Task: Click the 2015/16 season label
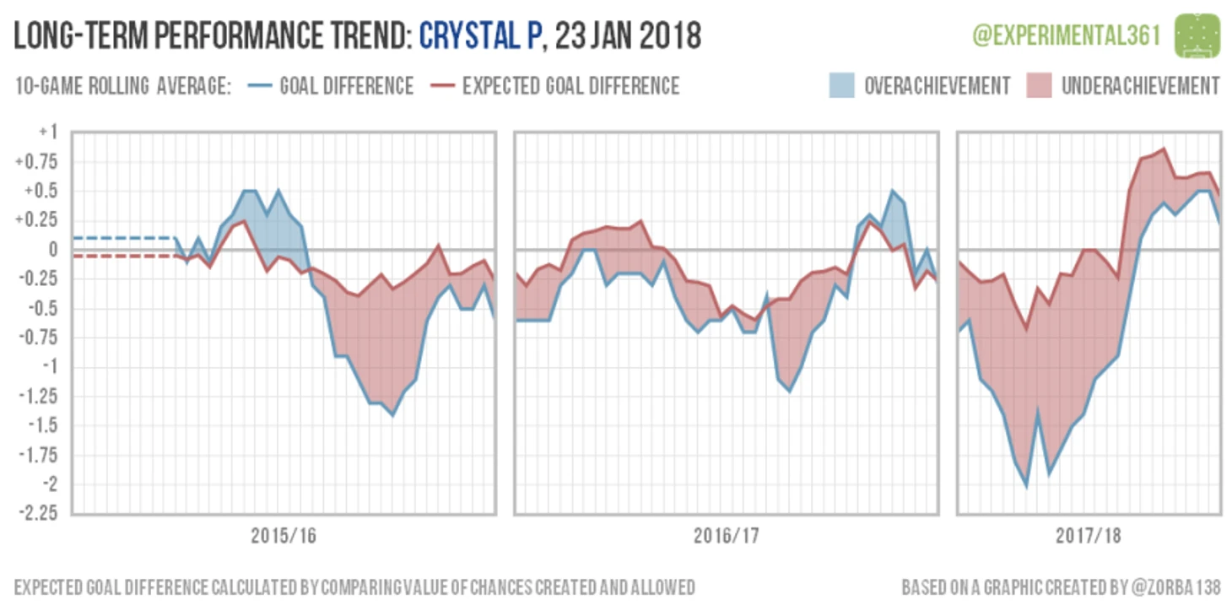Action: coord(284,536)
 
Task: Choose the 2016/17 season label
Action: coord(727,536)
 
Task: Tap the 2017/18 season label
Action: coord(1088,536)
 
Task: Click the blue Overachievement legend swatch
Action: coord(846,85)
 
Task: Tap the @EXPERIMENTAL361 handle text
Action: coord(1067,36)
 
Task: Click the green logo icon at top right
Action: coord(1197,35)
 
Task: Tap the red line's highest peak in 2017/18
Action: coord(1164,149)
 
